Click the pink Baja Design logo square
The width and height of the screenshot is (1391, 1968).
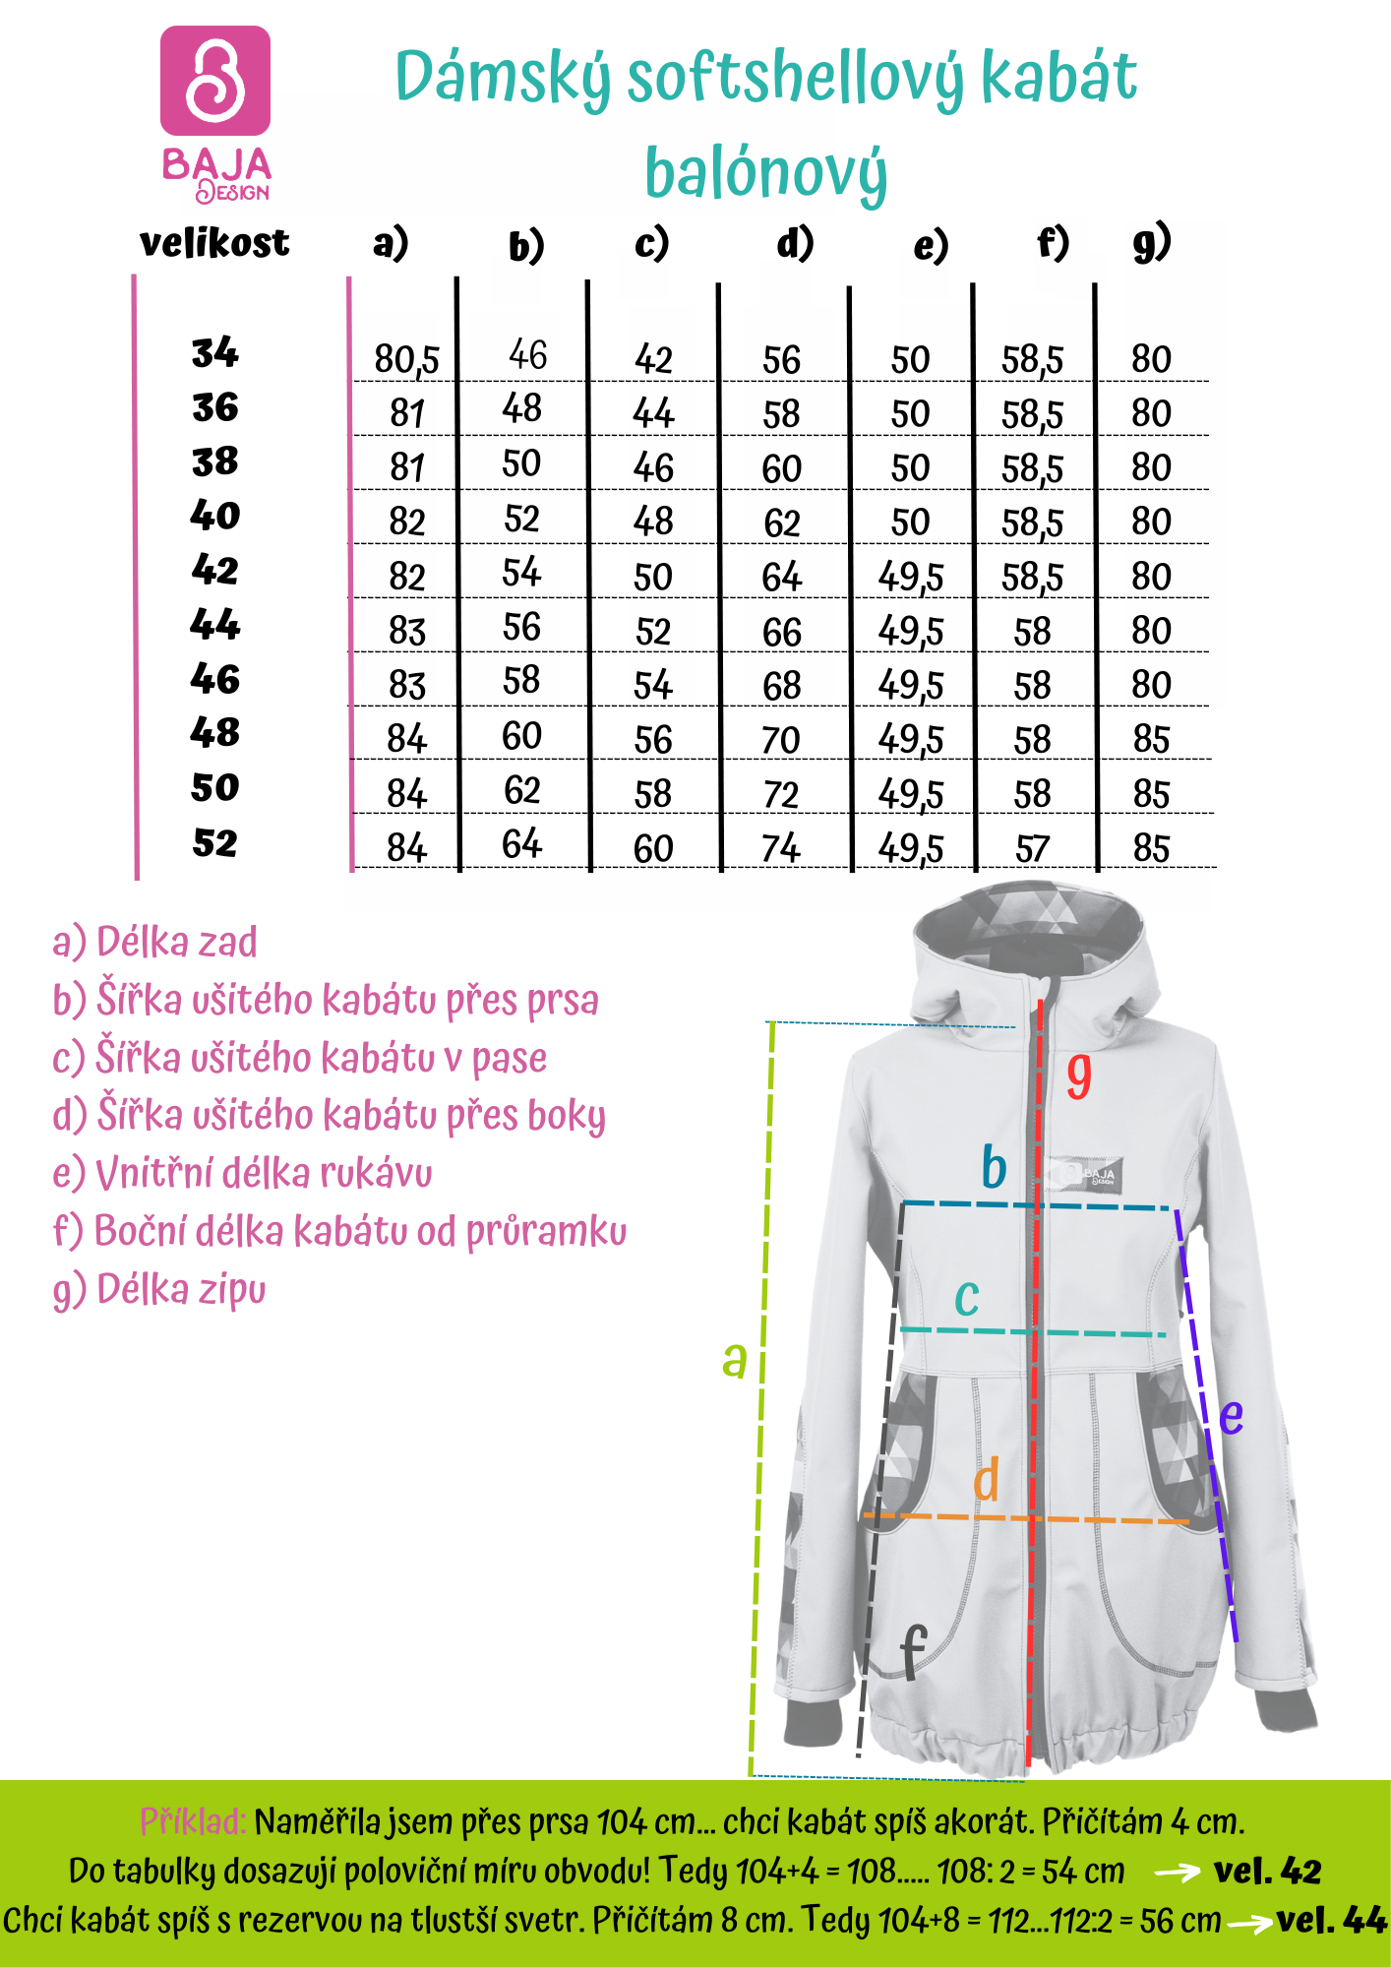tap(215, 81)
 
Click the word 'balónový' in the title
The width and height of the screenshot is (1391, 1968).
tap(765, 173)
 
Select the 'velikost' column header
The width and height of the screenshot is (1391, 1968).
tap(214, 243)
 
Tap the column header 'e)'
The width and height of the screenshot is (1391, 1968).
tap(931, 245)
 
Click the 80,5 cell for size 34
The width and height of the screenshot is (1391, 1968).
tap(406, 359)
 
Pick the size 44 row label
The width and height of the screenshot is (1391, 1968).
tap(215, 624)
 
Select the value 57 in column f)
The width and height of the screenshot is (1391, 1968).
tap(1032, 848)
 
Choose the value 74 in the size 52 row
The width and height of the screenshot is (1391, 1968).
tap(781, 848)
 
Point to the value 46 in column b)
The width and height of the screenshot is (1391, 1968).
tap(527, 355)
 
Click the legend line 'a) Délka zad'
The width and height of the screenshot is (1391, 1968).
tap(155, 942)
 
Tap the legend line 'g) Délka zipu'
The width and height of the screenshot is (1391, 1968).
tap(159, 1289)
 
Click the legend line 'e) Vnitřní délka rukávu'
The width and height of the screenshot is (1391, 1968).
tap(243, 1173)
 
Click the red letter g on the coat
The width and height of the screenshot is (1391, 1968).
tap(1079, 1075)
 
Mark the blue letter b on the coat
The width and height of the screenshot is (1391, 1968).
tap(994, 1168)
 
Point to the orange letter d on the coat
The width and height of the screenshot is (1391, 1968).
tap(987, 1479)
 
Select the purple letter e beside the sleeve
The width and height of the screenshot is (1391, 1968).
tap(1231, 1416)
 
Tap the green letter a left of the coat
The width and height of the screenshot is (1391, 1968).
tap(734, 1360)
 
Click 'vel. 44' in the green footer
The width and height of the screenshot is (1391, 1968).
tap(1331, 1920)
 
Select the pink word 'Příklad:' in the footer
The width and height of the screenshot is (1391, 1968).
tap(193, 1821)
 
